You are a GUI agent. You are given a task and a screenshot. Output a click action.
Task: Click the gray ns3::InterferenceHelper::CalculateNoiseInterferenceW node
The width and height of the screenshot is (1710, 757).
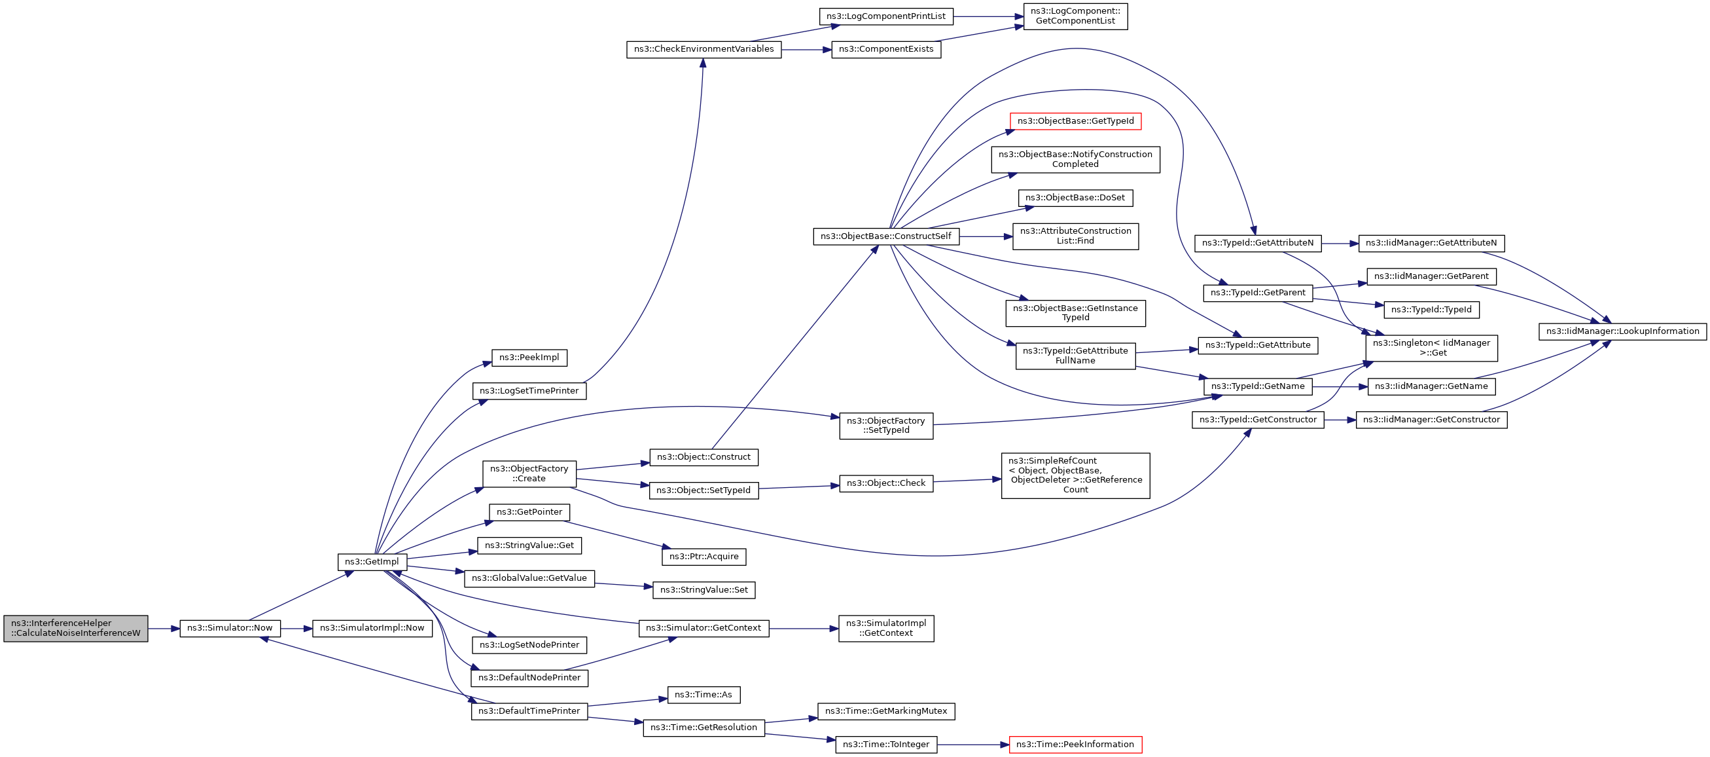(76, 628)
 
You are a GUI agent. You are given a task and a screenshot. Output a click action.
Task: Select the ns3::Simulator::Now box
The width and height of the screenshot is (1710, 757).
(230, 628)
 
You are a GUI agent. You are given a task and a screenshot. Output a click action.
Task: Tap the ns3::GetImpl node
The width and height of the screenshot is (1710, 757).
(372, 562)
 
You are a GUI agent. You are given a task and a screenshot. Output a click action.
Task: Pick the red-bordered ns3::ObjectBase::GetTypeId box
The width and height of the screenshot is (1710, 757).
(1075, 121)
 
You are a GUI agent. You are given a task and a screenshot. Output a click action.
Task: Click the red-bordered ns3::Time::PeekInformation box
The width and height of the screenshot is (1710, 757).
(1075, 745)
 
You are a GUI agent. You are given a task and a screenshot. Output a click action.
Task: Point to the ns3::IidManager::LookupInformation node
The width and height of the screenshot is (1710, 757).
(1622, 331)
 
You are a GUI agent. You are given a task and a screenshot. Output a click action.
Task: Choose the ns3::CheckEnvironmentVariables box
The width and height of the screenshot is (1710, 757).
(704, 49)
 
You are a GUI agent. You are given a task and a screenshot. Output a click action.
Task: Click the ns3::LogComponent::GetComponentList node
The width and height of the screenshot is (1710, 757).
(1075, 16)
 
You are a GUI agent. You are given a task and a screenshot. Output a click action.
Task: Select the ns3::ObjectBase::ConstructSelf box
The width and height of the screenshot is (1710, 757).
(885, 236)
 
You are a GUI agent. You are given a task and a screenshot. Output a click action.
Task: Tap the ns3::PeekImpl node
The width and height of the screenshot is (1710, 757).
(529, 358)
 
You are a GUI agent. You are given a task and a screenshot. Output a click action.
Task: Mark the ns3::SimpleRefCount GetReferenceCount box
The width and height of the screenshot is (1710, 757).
(1075, 475)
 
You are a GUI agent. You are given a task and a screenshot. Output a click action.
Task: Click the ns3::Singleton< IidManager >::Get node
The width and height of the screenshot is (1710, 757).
(1431, 348)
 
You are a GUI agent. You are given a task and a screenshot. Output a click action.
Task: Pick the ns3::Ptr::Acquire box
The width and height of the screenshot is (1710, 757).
(704, 557)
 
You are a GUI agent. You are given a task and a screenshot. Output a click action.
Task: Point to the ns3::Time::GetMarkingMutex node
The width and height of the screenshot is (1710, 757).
(886, 711)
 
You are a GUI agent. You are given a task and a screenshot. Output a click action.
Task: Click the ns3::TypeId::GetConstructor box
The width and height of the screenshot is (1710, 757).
(1258, 420)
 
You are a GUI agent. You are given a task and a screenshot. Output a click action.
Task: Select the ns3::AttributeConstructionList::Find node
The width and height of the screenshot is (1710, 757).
(1075, 236)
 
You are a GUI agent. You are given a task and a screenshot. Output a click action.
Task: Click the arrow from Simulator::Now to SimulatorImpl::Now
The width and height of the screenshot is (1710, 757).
(296, 628)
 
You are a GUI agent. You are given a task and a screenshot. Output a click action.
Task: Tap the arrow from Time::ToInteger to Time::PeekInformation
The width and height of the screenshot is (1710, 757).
(973, 745)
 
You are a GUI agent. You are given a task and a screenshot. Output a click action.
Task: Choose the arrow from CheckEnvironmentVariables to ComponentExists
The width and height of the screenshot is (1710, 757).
(806, 50)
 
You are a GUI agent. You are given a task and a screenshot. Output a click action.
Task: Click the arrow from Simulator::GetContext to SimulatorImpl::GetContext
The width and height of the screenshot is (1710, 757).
(804, 628)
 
